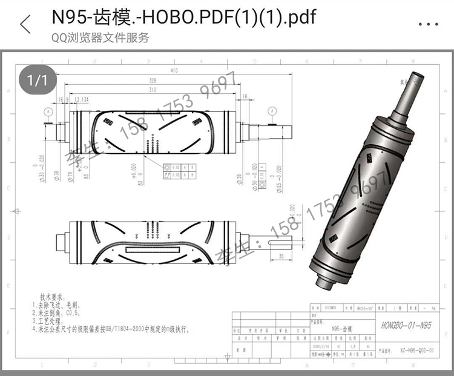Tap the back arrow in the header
pyautogui.click(x=25, y=24)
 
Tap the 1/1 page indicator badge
pyautogui.click(x=37, y=80)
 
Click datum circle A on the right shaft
pyautogui.click(x=274, y=111)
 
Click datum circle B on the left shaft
pyautogui.click(x=48, y=111)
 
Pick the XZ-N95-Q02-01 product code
pyautogui.click(x=415, y=350)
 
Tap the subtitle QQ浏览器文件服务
pyautogui.click(x=100, y=38)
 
